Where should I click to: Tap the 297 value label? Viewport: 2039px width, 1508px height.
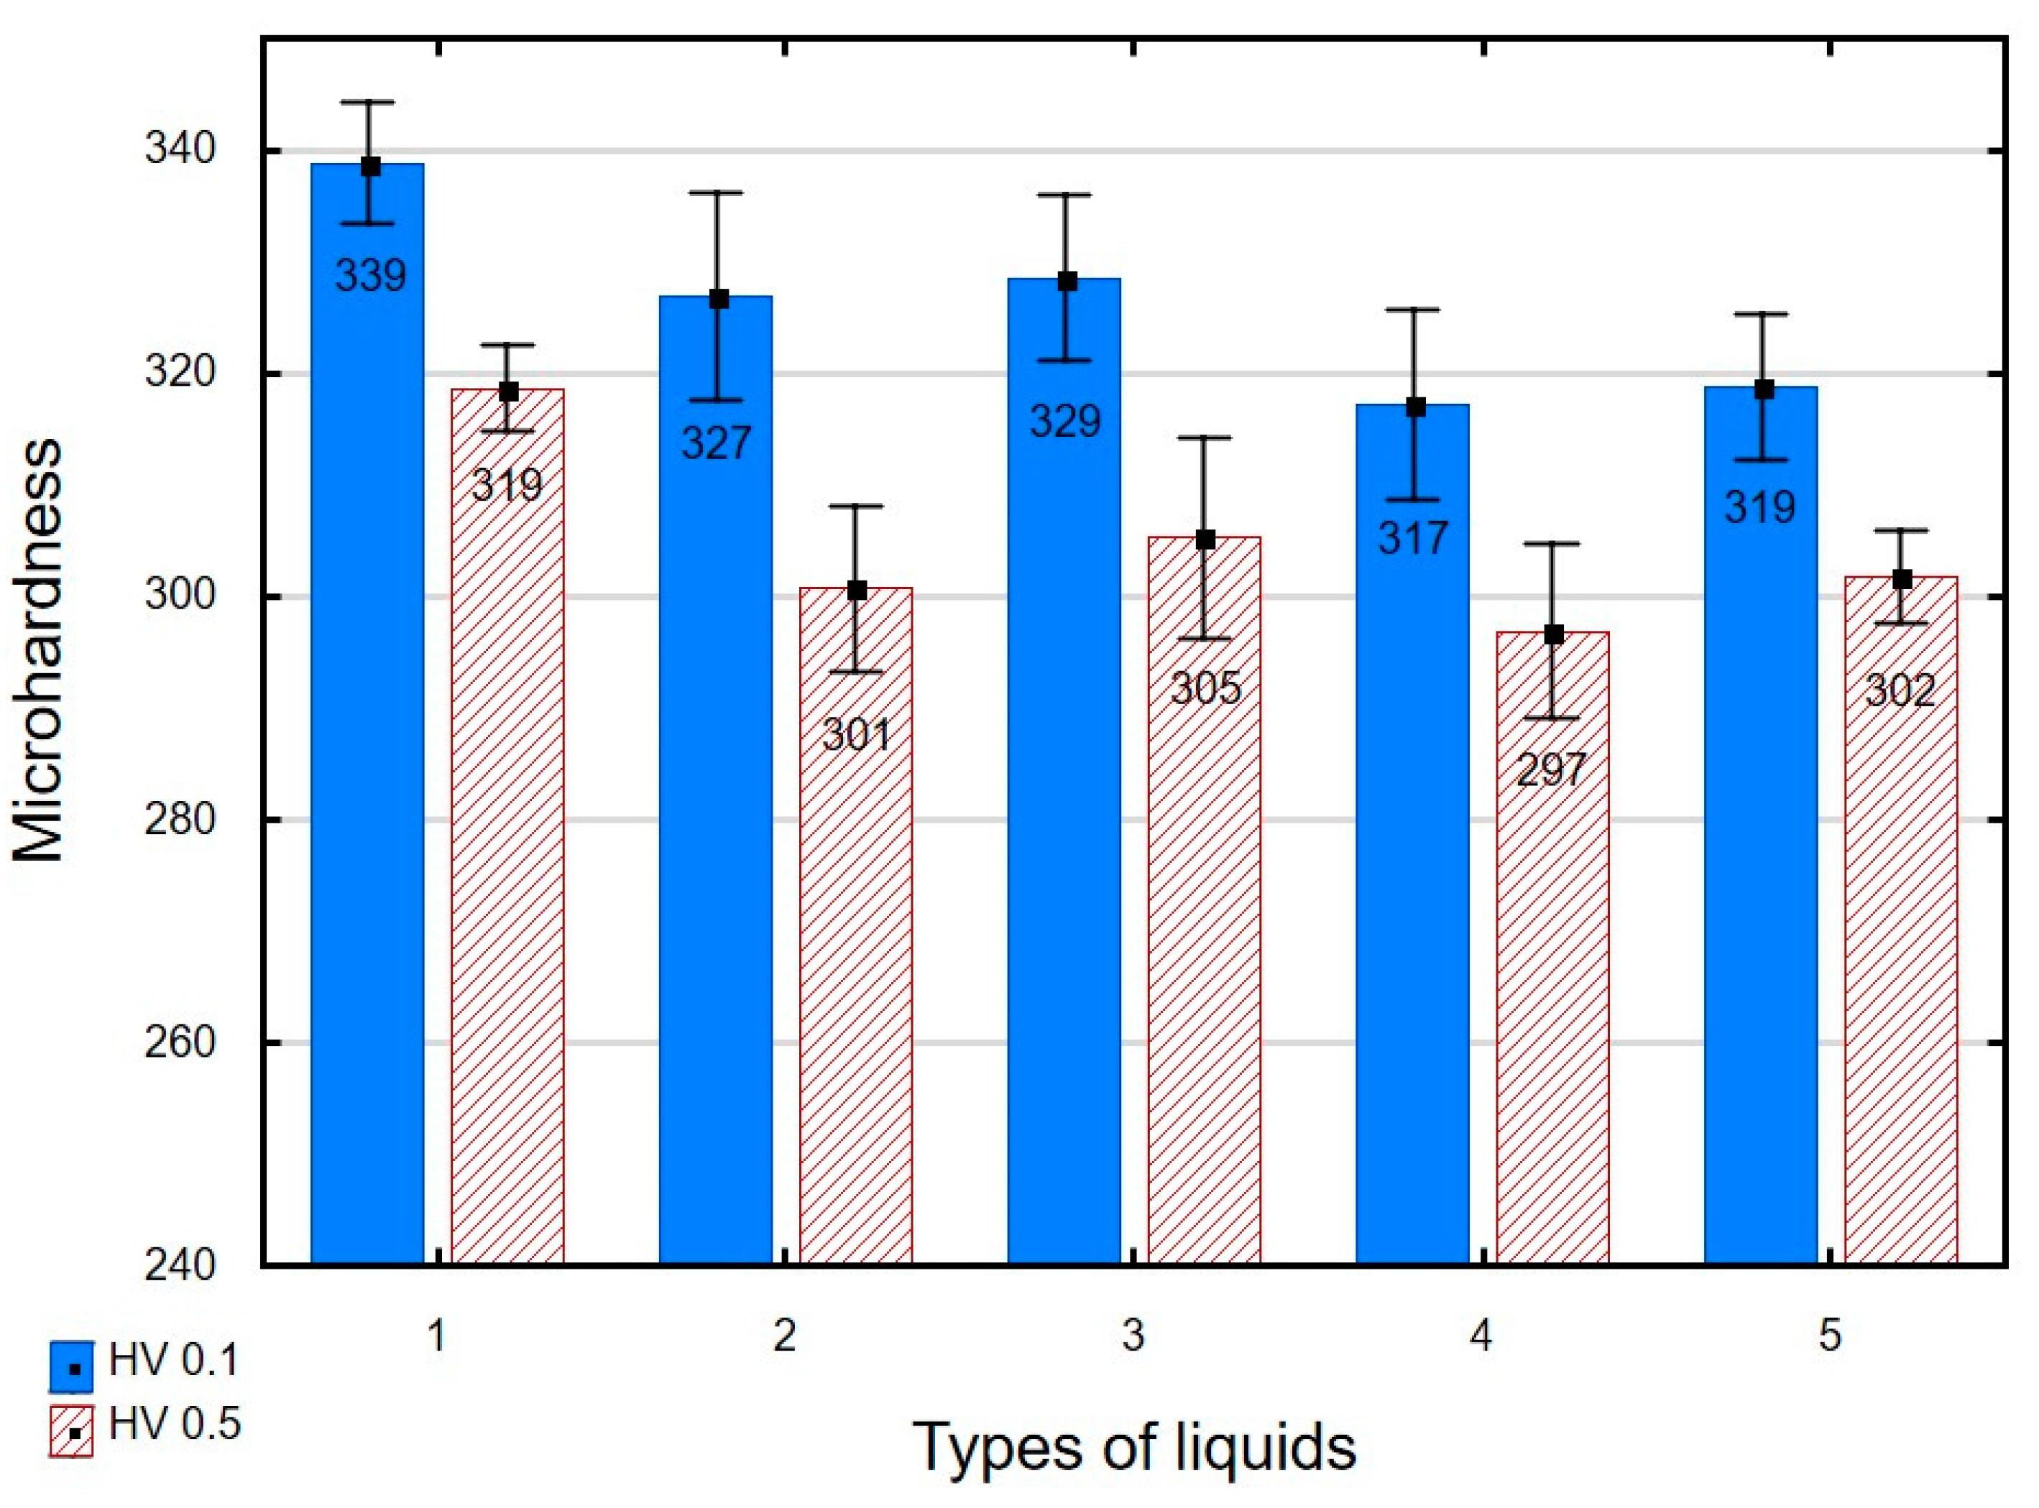[1552, 769]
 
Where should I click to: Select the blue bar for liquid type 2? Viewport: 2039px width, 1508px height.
[716, 822]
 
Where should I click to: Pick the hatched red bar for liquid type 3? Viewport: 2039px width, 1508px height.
[1205, 913]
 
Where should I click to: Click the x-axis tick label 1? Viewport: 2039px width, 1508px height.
[436, 1336]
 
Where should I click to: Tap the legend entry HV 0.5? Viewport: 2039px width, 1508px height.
[146, 1425]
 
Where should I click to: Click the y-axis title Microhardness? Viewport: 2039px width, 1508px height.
[38, 651]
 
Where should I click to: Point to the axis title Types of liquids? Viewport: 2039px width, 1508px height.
[1134, 1448]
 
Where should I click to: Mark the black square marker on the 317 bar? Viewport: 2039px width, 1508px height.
[1415, 407]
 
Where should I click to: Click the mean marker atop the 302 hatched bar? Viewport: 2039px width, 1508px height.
[1902, 580]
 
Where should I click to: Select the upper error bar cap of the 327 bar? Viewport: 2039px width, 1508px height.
[717, 193]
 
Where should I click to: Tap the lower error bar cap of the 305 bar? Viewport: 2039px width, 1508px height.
[1205, 638]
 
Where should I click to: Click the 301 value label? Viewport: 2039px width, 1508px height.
[855, 735]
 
